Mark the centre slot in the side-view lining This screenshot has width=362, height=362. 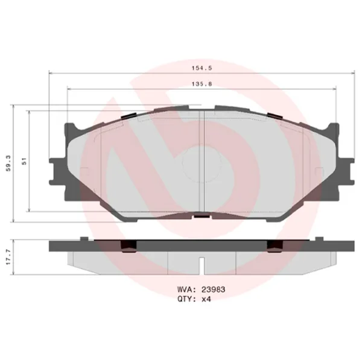[201, 263]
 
